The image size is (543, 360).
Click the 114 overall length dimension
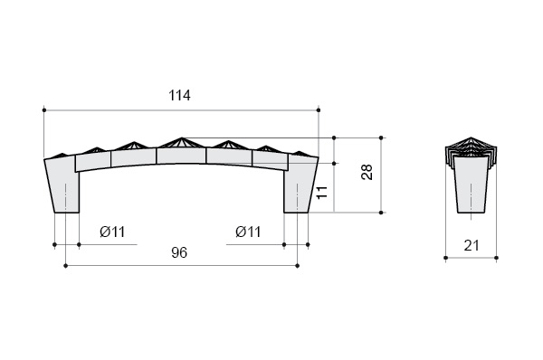179,95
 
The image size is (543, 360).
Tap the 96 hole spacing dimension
179,252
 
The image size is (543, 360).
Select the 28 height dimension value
367,172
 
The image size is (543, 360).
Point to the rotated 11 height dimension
322,192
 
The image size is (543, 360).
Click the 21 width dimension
472,245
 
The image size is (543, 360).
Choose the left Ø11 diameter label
112,232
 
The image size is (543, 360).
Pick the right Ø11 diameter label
248,232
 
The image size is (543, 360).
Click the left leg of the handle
62,185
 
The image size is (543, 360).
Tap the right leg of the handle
300,185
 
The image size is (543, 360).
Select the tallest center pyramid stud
181,143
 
